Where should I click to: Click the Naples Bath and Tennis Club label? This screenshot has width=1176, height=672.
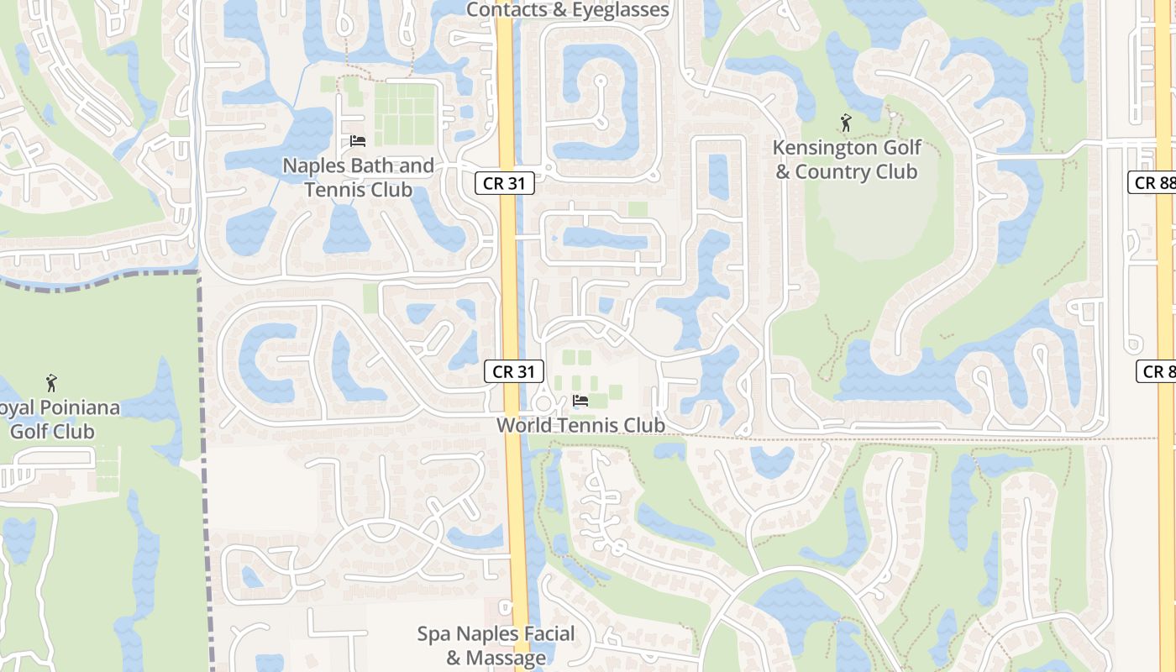358,177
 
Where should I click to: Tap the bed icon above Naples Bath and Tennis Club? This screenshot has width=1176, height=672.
357,141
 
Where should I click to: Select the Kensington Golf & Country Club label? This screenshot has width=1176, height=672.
846,160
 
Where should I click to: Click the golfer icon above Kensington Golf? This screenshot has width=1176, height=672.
846,123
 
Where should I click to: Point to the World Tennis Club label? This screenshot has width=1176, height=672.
580,425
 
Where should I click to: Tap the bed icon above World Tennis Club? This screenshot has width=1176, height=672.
580,401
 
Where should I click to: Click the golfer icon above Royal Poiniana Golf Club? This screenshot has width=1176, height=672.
52,383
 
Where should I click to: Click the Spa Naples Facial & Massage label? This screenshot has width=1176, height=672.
496,645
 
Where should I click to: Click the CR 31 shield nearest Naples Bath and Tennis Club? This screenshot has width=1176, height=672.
505,183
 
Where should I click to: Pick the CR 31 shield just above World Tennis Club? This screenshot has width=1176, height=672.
514,371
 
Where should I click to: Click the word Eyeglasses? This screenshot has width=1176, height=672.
620,10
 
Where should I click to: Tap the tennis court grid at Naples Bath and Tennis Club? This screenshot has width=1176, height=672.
406,115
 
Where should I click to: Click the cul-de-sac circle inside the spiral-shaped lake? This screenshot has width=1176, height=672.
600,82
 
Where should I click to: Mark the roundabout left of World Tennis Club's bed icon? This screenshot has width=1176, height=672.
543,402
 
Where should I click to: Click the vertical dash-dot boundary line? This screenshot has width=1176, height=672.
202,470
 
